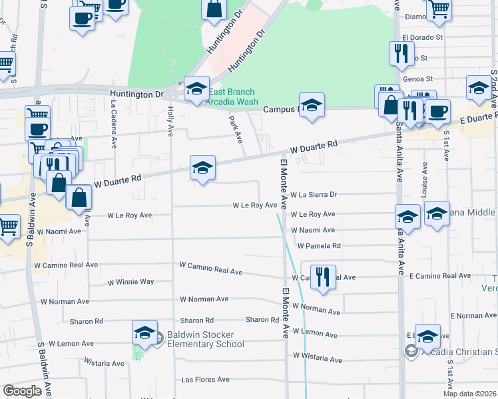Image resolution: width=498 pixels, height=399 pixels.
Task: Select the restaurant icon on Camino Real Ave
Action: pos(323,277)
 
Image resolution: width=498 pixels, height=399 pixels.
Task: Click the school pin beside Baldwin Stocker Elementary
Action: pos(144,332)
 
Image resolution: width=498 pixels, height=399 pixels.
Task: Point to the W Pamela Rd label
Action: pos(319,245)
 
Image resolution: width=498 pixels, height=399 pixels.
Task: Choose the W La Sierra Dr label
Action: pos(314,195)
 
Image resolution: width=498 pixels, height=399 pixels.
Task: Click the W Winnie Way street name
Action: pos(130,283)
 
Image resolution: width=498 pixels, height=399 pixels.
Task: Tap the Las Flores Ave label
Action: pos(205,380)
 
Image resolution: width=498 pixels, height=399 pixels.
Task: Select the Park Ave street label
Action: pos(235,129)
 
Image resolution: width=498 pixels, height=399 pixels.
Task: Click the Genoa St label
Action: pos(418,78)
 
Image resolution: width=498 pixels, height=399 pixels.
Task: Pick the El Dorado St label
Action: pos(423,38)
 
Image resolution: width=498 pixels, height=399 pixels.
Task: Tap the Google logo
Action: pos(22,391)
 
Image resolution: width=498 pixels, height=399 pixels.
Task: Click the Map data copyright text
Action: pos(470,394)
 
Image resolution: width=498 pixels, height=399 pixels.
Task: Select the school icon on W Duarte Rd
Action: pos(203,168)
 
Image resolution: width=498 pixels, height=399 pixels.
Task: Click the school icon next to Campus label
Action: pos(311,105)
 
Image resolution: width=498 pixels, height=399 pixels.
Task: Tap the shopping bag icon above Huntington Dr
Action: pos(214,9)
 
